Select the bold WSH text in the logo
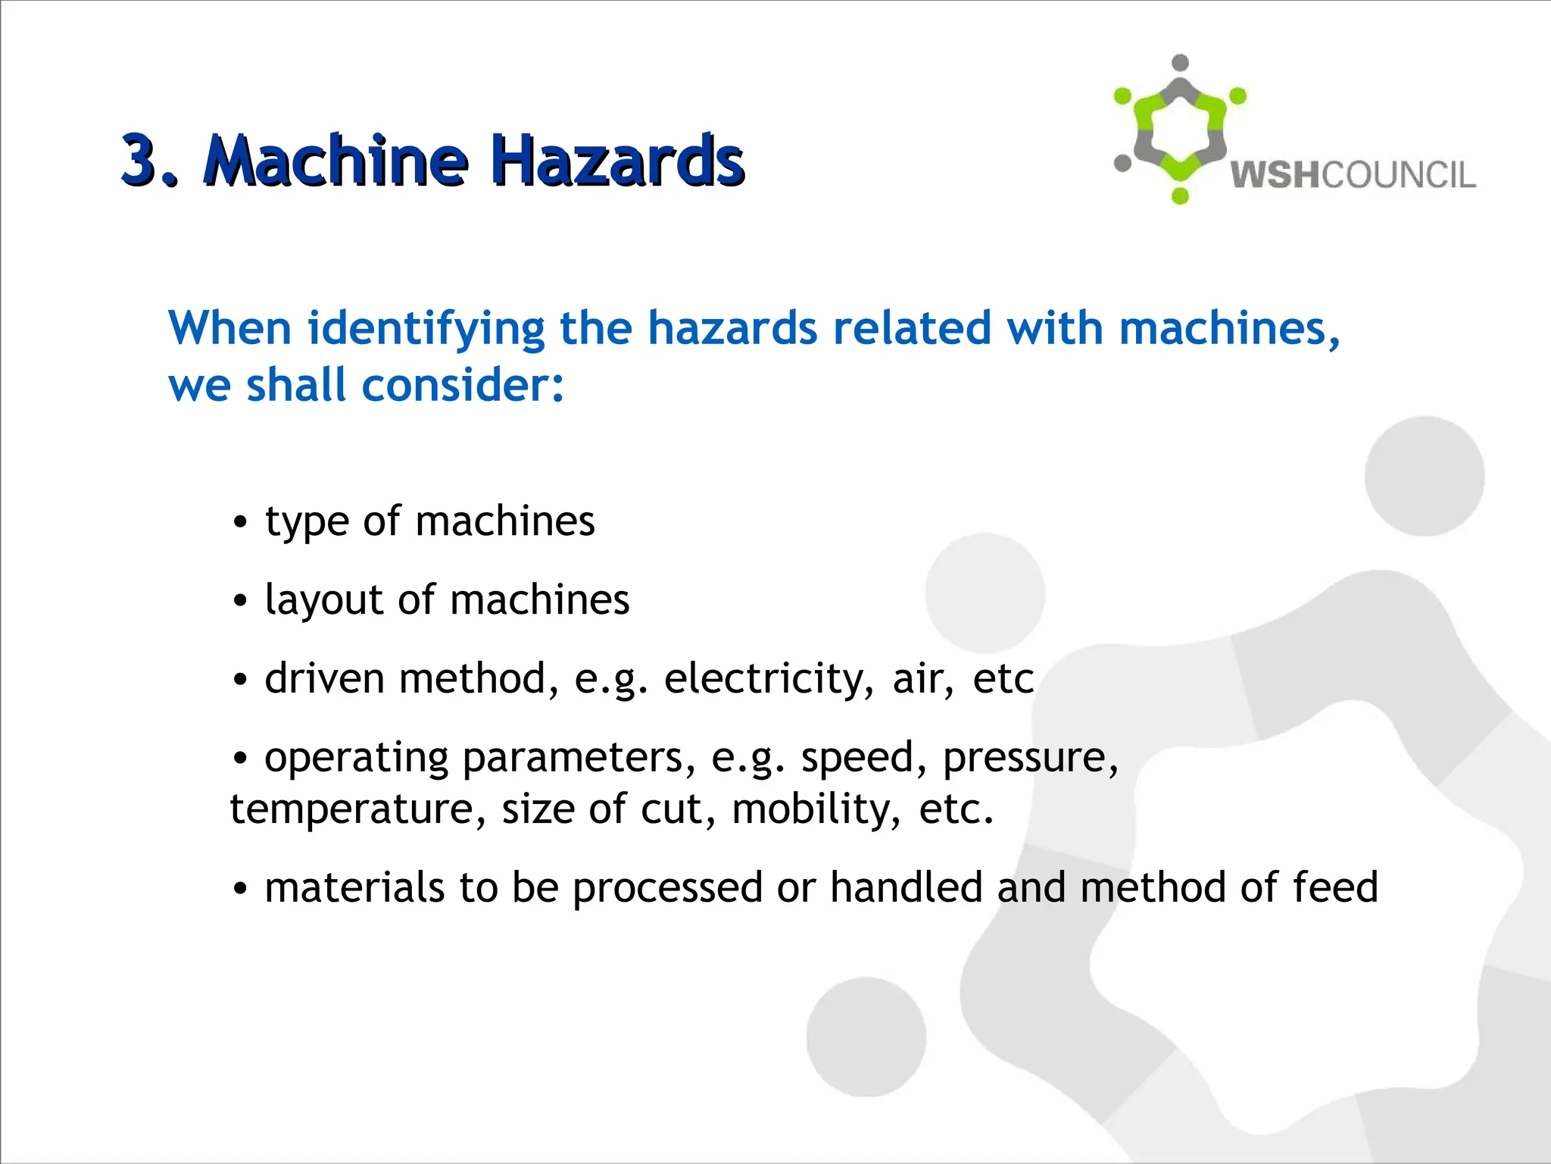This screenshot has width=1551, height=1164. [1275, 175]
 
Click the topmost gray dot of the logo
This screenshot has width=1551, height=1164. [1180, 63]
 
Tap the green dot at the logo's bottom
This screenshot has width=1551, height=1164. [1180, 196]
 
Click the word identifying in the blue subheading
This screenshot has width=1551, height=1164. [426, 329]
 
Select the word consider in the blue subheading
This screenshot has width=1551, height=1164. [462, 385]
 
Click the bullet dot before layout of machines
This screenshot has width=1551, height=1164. [240, 601]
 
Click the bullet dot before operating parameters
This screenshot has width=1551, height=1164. [240, 757]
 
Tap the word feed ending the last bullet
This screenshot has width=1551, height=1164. [1335, 887]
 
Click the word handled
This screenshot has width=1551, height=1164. [906, 887]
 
